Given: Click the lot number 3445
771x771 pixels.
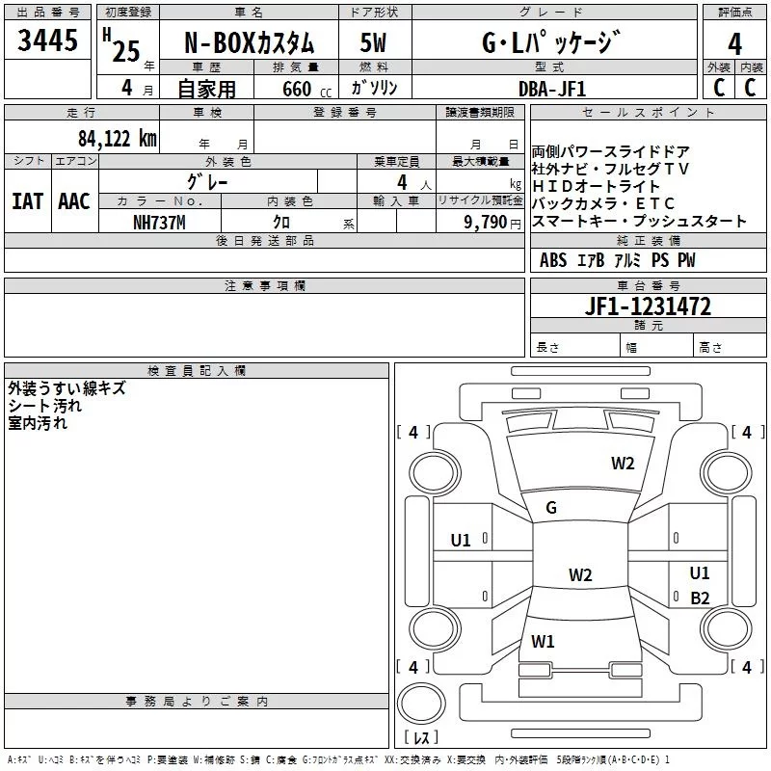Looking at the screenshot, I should pos(47,41).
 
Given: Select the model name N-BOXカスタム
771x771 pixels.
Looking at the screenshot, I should pos(250,44).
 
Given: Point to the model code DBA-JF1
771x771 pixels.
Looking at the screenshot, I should pos(550,88).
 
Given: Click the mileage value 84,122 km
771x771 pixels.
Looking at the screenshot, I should pos(117,139).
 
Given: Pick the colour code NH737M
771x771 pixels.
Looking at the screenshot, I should pos(160,223).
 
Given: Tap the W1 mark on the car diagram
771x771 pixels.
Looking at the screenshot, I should pos(544,641).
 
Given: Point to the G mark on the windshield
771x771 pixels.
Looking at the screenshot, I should pos(551,508).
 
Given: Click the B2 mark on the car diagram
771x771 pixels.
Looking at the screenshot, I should pos(700,598).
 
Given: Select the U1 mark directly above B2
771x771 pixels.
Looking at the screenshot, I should pos(700,573).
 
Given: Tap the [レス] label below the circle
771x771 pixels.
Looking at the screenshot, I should pos(421,738).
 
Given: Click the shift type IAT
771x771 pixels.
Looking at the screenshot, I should pos(27,200).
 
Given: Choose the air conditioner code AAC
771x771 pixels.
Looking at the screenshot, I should pos(73,200).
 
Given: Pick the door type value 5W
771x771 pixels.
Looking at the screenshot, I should pos(375,44).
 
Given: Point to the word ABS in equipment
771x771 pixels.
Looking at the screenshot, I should pos(553,260).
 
